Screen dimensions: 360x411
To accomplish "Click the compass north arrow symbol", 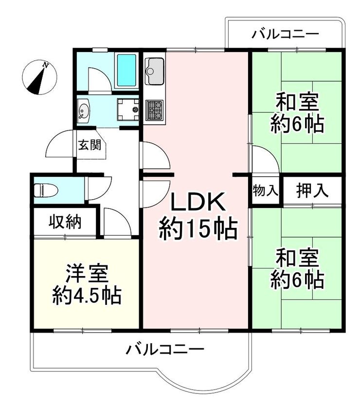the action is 39,77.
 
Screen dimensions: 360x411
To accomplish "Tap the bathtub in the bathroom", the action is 126,70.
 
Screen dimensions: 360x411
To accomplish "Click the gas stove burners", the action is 155,110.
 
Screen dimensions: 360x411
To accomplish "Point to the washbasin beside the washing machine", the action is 84,111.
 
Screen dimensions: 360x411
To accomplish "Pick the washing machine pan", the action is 128,110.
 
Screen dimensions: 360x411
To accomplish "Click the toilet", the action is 46,190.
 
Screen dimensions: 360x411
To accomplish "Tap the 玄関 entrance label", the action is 90,145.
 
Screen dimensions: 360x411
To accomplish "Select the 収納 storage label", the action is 66,222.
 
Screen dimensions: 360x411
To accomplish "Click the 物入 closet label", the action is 265,190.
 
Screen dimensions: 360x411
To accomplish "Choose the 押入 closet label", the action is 312,190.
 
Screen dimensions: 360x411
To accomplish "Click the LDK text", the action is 198,202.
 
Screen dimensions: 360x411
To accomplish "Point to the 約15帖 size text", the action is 198,229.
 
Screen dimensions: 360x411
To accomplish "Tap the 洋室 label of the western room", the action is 87,273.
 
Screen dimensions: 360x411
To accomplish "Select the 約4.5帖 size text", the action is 87,296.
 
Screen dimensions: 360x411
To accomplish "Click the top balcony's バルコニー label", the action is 285,34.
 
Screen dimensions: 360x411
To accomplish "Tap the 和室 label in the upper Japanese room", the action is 297,103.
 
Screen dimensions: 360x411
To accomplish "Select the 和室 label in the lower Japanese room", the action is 297,258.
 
